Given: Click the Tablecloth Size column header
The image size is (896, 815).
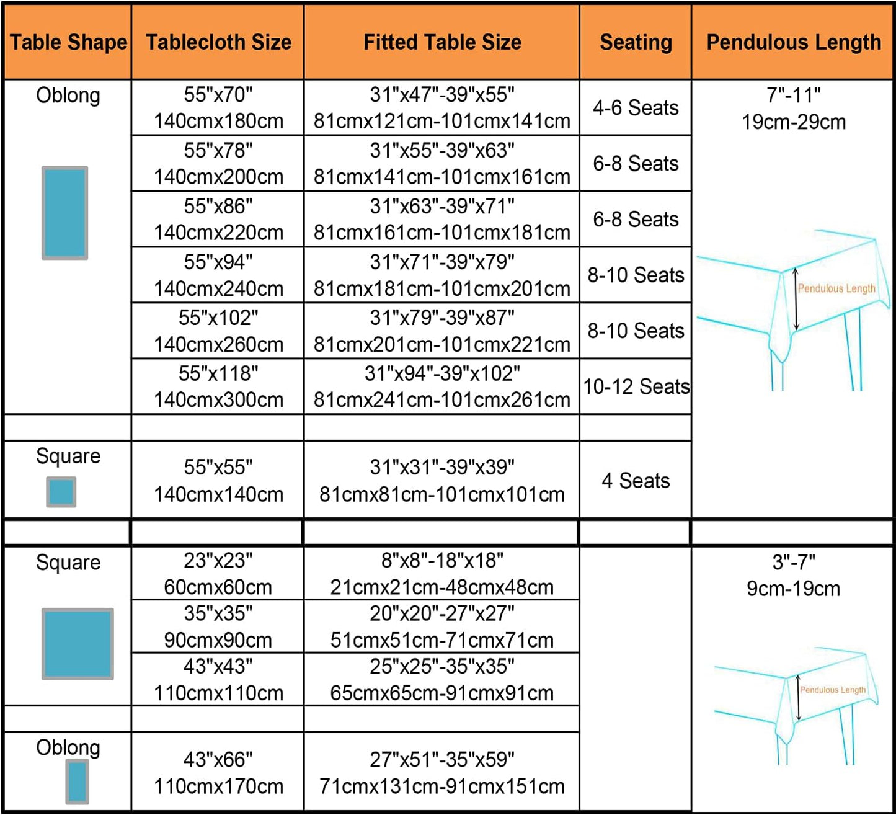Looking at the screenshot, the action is tap(218, 42).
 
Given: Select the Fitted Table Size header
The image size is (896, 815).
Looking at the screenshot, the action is tap(442, 42).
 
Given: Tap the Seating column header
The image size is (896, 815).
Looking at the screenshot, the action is tap(636, 42).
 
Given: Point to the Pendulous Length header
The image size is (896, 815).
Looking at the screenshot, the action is tap(793, 42).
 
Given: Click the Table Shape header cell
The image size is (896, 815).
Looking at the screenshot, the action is tap(68, 42).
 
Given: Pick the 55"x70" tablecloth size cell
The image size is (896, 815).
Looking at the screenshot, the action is tap(218, 108).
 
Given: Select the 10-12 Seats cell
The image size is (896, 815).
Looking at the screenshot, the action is tap(636, 386).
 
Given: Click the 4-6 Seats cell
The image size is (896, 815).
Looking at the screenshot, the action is tap(636, 108).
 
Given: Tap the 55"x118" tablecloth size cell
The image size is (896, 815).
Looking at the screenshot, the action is tap(218, 386).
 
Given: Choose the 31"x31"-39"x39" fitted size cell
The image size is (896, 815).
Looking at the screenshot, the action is tap(442, 480).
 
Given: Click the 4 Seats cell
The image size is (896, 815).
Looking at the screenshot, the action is tap(636, 480).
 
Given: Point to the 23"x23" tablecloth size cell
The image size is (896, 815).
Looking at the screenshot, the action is tap(218, 573).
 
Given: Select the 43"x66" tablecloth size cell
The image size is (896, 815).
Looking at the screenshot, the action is tap(218, 773).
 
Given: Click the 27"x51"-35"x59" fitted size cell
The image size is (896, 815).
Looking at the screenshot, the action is tap(442, 773).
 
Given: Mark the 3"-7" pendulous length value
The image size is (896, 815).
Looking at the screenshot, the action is tap(793, 575).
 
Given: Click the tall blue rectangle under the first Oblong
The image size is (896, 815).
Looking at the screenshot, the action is tap(64, 213).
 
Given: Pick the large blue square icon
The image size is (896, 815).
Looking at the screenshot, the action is tap(78, 644).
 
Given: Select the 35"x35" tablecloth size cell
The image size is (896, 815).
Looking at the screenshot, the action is tap(218, 626).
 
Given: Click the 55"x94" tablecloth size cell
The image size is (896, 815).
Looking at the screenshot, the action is tap(218, 275).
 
